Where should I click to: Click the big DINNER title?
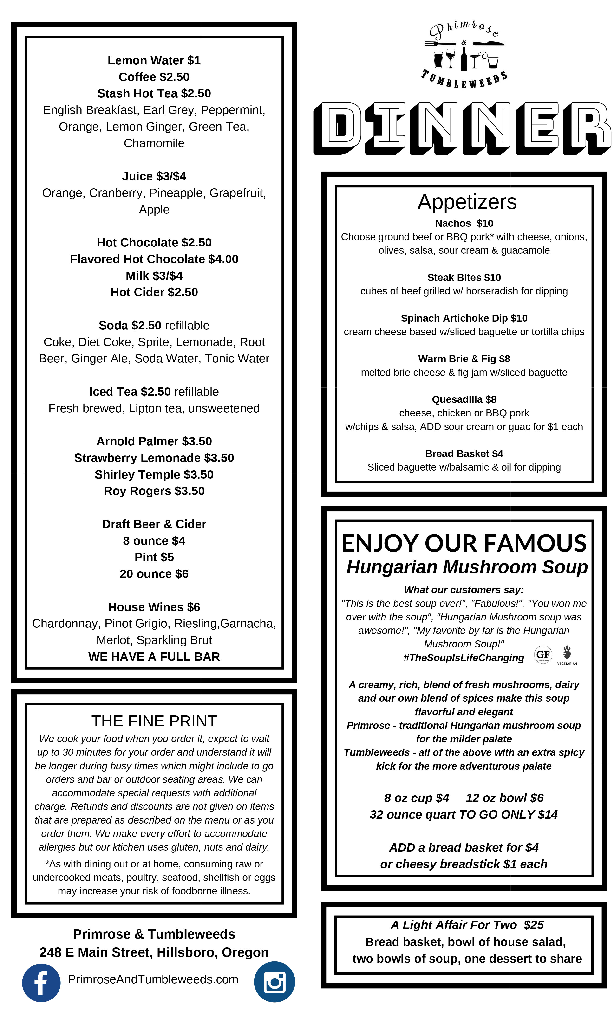462,129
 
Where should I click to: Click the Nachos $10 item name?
464,223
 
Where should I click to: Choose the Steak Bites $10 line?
464,278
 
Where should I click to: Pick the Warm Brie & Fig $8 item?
464,359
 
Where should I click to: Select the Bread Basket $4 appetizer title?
464,454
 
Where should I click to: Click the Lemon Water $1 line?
154,60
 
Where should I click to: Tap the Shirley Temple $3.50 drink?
154,475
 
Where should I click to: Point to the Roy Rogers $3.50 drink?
154,491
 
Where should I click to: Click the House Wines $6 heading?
154,607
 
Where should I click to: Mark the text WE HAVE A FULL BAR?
154,657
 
